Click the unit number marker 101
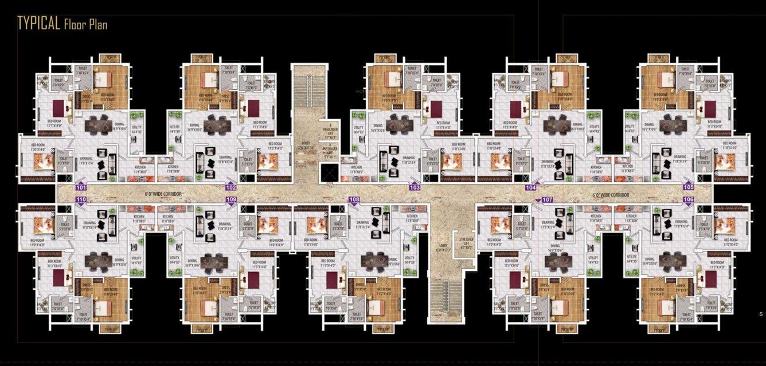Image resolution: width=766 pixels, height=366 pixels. coord(81,187)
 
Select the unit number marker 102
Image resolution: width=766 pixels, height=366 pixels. coord(230,187)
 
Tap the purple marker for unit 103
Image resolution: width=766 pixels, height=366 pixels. coord(415,187)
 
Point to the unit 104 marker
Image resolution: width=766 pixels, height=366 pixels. coord(530,187)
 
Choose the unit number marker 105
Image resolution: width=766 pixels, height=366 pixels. coord(688,187)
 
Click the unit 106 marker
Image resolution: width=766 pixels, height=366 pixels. coord(688,199)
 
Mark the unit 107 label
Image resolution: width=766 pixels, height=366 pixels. coord(546,199)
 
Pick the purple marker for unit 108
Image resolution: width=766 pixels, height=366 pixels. coord(354,199)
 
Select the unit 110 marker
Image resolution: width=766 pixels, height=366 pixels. coord(81,199)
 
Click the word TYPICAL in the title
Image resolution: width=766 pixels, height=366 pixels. coord(38,23)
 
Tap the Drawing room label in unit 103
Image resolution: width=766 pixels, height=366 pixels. coord(409,158)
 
